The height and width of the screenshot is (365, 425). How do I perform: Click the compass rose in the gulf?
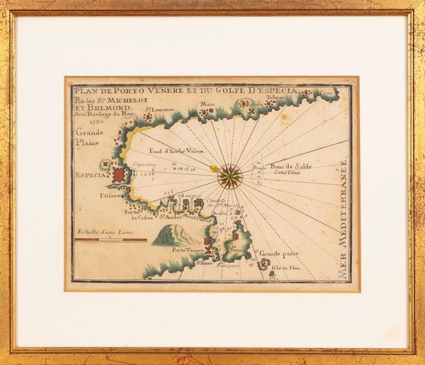pyautogui.click(x=229, y=176)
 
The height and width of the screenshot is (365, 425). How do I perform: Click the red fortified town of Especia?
pyautogui.click(x=119, y=174)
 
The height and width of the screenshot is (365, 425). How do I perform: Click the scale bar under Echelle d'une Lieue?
pyautogui.click(x=110, y=240)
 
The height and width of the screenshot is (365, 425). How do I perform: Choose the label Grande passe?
pyautogui.click(x=279, y=253)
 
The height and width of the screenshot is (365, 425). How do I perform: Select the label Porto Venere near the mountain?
pyautogui.click(x=188, y=250)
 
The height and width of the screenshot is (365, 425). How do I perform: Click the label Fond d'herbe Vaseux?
pyautogui.click(x=176, y=151)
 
